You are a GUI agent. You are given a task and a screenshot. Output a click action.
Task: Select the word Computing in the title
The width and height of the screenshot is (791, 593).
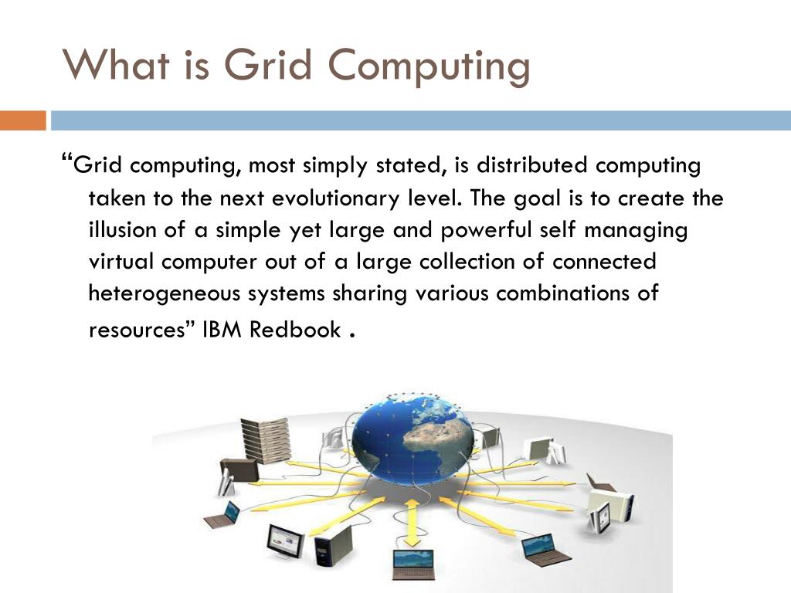(x=434, y=66)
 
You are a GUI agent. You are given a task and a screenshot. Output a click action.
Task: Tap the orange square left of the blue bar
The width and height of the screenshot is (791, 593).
(x=23, y=120)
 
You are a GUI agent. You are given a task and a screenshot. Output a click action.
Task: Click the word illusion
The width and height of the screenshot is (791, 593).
(x=124, y=231)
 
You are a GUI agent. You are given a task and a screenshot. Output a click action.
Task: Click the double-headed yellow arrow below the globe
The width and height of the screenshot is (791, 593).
(x=412, y=520)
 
